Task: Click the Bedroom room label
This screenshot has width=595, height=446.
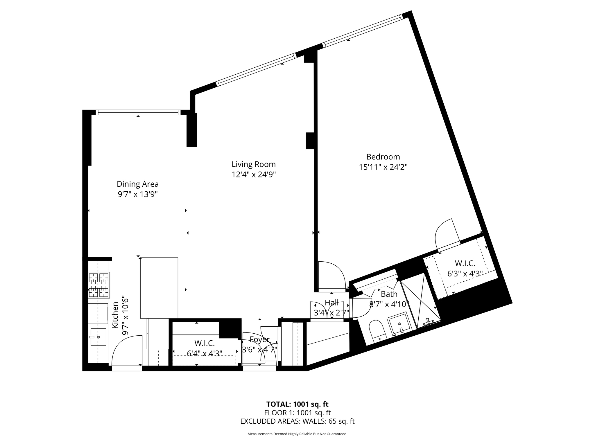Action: [x=383, y=157]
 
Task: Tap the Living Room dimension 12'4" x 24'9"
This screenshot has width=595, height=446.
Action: [x=253, y=175]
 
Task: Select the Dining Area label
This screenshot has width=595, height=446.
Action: [x=137, y=184]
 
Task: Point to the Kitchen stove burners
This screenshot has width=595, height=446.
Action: [x=99, y=285]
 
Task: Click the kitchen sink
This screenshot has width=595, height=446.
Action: [x=98, y=337]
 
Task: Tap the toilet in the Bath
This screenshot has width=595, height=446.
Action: [x=377, y=330]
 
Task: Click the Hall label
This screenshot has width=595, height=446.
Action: [x=331, y=303]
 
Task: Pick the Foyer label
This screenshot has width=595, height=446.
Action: [x=259, y=339]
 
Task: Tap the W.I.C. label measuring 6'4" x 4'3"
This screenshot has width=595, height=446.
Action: [x=205, y=343]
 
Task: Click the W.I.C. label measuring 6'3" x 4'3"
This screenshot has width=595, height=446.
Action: [x=465, y=263]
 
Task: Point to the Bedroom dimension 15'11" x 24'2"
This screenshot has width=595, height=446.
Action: [x=383, y=167]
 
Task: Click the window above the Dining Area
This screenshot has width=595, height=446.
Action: [x=138, y=112]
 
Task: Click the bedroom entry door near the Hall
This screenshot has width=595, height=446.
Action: [x=331, y=274]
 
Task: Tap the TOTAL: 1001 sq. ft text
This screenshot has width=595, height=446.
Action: [x=297, y=404]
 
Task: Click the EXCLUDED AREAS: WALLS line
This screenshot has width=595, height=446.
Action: [x=297, y=421]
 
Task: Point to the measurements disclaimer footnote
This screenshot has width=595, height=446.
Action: [x=297, y=434]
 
